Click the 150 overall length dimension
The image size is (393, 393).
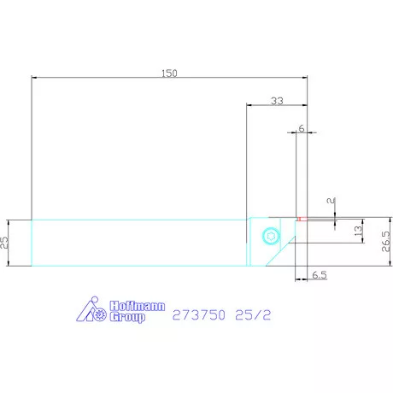(x=169, y=73)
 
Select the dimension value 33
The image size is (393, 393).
(x=277, y=101)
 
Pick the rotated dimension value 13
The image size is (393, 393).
(x=359, y=230)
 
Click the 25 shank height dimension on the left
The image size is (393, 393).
(x=5, y=243)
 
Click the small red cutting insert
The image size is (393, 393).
(x=300, y=219)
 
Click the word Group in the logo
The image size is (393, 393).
(x=126, y=316)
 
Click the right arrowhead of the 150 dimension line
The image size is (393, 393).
(x=305, y=79)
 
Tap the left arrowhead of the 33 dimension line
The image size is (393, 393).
(x=249, y=107)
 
